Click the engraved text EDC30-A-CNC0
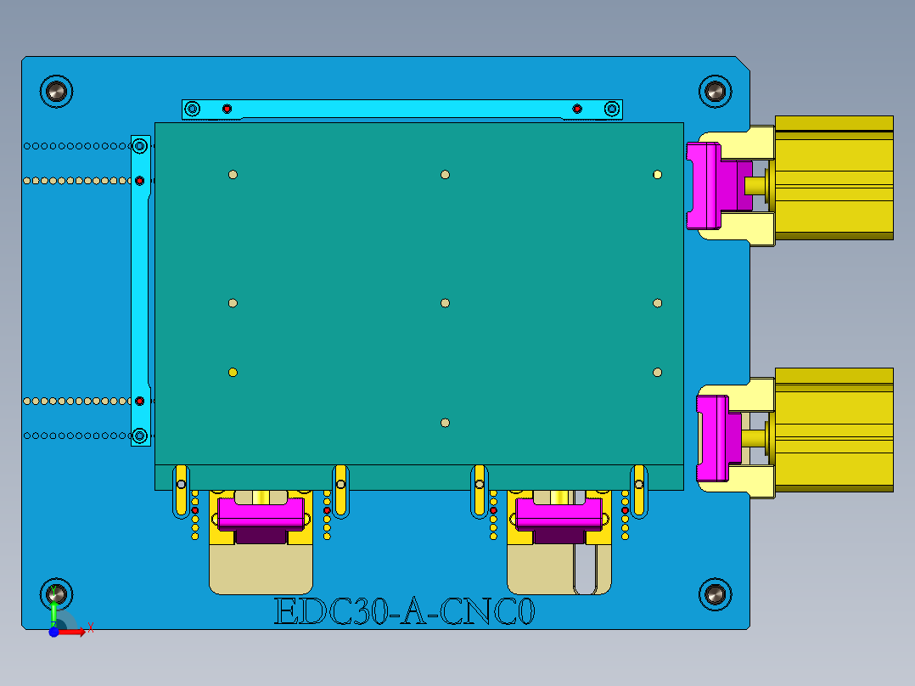tap(405, 611)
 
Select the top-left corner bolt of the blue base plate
tap(57, 91)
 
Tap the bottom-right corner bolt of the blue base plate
tap(715, 594)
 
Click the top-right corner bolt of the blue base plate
tap(715, 91)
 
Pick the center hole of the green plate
tap(445, 303)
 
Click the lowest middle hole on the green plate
tap(445, 423)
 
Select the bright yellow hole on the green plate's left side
tap(233, 372)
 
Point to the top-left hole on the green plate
tap(233, 175)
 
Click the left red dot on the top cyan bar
tap(227, 109)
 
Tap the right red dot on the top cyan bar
tap(577, 109)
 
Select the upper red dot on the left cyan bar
tap(140, 180)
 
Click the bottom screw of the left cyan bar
tap(140, 436)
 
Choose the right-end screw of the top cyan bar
tap(611, 109)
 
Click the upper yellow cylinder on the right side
tap(834, 178)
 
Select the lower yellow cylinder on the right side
tap(834, 430)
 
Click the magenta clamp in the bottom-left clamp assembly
tap(261, 513)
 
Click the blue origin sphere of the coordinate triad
tap(53, 632)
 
